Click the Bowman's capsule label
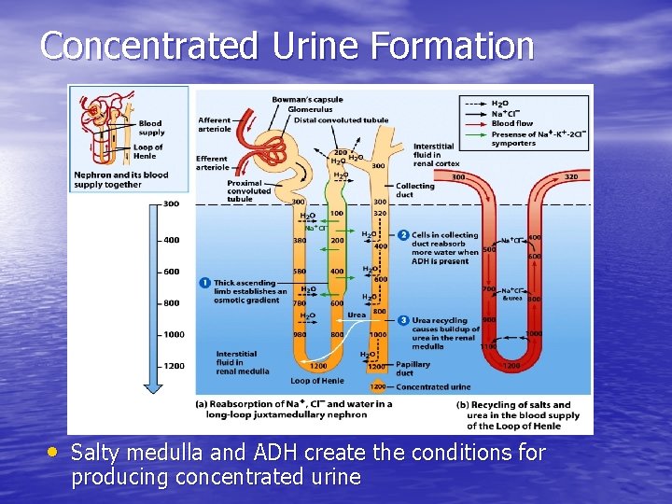[307, 100]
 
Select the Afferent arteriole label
[215, 124]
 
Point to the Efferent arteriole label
[213, 162]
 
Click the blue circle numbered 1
[204, 283]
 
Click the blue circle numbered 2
[403, 235]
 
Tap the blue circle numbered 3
[403, 320]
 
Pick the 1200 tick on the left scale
[174, 366]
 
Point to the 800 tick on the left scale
[171, 303]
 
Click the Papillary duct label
[412, 369]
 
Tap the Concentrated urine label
[433, 386]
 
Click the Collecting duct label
[414, 189]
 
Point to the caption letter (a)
[202, 404]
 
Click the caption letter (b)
[463, 404]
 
